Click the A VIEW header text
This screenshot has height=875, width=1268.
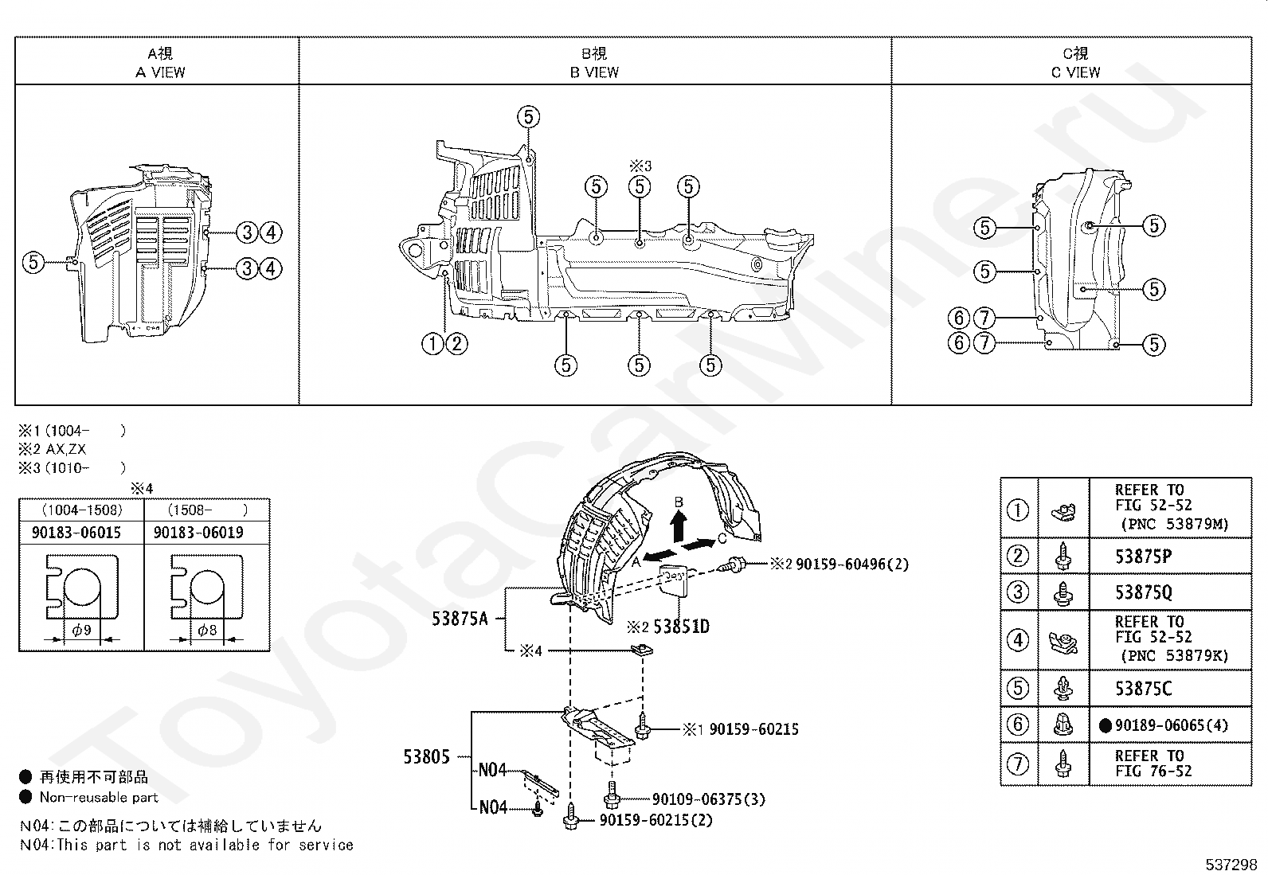click(x=160, y=72)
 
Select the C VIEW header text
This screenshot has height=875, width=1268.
click(x=1075, y=72)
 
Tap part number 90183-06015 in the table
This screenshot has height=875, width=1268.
click(x=76, y=532)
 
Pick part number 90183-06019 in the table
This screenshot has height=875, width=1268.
click(x=198, y=532)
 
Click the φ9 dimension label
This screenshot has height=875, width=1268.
click(x=82, y=629)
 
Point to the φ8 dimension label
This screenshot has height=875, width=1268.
click(x=208, y=629)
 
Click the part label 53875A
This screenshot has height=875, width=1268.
click(x=460, y=619)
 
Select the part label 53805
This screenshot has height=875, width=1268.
click(x=426, y=756)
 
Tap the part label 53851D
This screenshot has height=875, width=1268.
click(x=681, y=627)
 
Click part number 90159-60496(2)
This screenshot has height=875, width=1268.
click(x=852, y=564)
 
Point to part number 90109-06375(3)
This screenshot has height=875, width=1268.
click(x=709, y=799)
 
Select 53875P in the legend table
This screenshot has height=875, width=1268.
click(x=1143, y=557)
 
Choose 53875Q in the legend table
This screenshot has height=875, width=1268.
click(x=1143, y=592)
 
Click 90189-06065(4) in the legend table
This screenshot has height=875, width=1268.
click(x=1171, y=725)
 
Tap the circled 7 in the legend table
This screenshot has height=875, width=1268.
click(x=1018, y=764)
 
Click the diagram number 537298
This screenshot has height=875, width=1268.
click(x=1231, y=865)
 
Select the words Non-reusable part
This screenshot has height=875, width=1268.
click(x=99, y=798)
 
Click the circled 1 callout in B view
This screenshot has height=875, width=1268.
click(x=432, y=343)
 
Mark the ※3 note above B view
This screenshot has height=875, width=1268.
click(x=640, y=166)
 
